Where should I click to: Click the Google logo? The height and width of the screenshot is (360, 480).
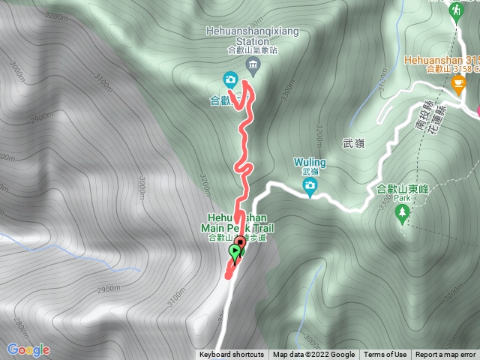point(28,349)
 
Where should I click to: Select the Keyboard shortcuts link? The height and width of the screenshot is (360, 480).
point(232,355)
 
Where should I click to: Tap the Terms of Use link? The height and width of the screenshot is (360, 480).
point(385,355)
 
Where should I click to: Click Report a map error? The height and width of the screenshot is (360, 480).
point(445,355)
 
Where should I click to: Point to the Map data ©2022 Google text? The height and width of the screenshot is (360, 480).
point(313,355)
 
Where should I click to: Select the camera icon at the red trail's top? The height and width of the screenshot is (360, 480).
point(230,79)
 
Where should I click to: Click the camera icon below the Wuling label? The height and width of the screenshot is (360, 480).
point(310,185)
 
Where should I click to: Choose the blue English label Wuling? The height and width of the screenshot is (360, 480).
point(310,161)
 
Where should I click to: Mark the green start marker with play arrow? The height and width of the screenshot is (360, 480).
point(236,253)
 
